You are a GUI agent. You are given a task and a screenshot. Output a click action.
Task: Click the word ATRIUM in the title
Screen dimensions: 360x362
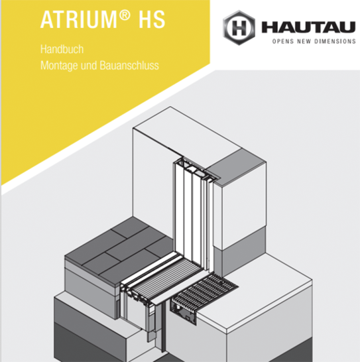pyautogui.click(x=79, y=20)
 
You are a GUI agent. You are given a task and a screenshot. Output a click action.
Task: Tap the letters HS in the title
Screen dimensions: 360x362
pyautogui.click(x=151, y=20)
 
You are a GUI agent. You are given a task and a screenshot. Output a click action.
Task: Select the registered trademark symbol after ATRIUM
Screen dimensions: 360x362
pyautogui.click(x=125, y=15)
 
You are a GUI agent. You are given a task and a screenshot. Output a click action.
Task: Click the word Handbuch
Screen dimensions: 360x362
pyautogui.click(x=62, y=50)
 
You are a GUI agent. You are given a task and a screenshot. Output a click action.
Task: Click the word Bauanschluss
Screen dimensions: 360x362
pyautogui.click(x=129, y=65)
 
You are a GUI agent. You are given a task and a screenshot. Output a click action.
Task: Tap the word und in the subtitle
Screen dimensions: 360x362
pyautogui.click(x=89, y=66)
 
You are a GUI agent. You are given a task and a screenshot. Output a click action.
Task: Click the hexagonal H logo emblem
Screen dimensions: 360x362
pyautogui.click(x=239, y=27)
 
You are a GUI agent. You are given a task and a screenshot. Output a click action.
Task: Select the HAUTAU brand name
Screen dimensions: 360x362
pyautogui.click(x=308, y=27)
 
